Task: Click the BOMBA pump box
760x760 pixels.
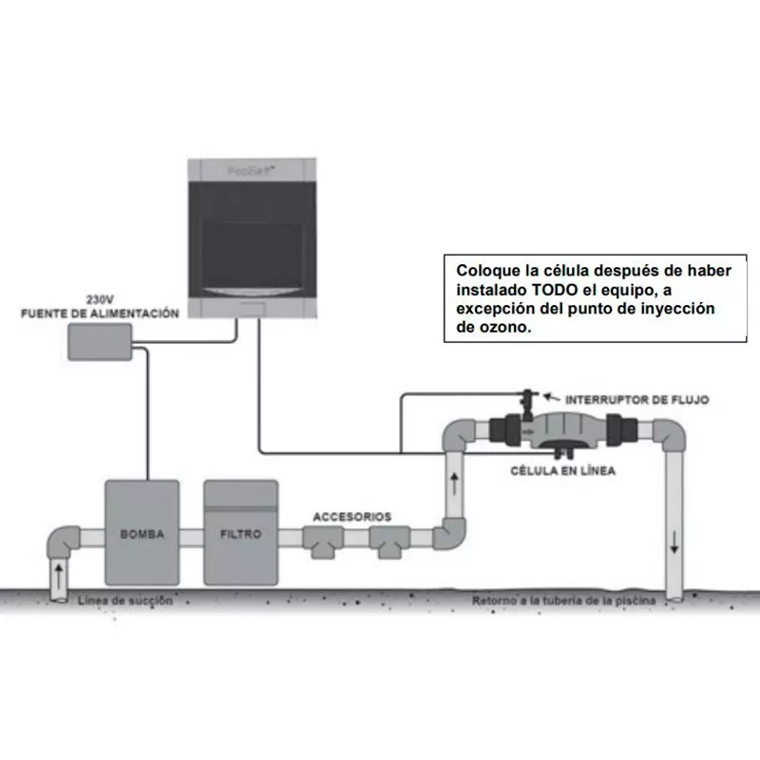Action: (142, 535)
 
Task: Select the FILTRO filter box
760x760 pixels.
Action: (240, 535)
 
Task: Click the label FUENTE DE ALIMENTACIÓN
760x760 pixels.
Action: (100, 313)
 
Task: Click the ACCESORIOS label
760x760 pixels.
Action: (351, 516)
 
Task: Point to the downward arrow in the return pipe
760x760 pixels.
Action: (674, 544)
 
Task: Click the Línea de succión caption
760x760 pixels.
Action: (125, 600)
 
